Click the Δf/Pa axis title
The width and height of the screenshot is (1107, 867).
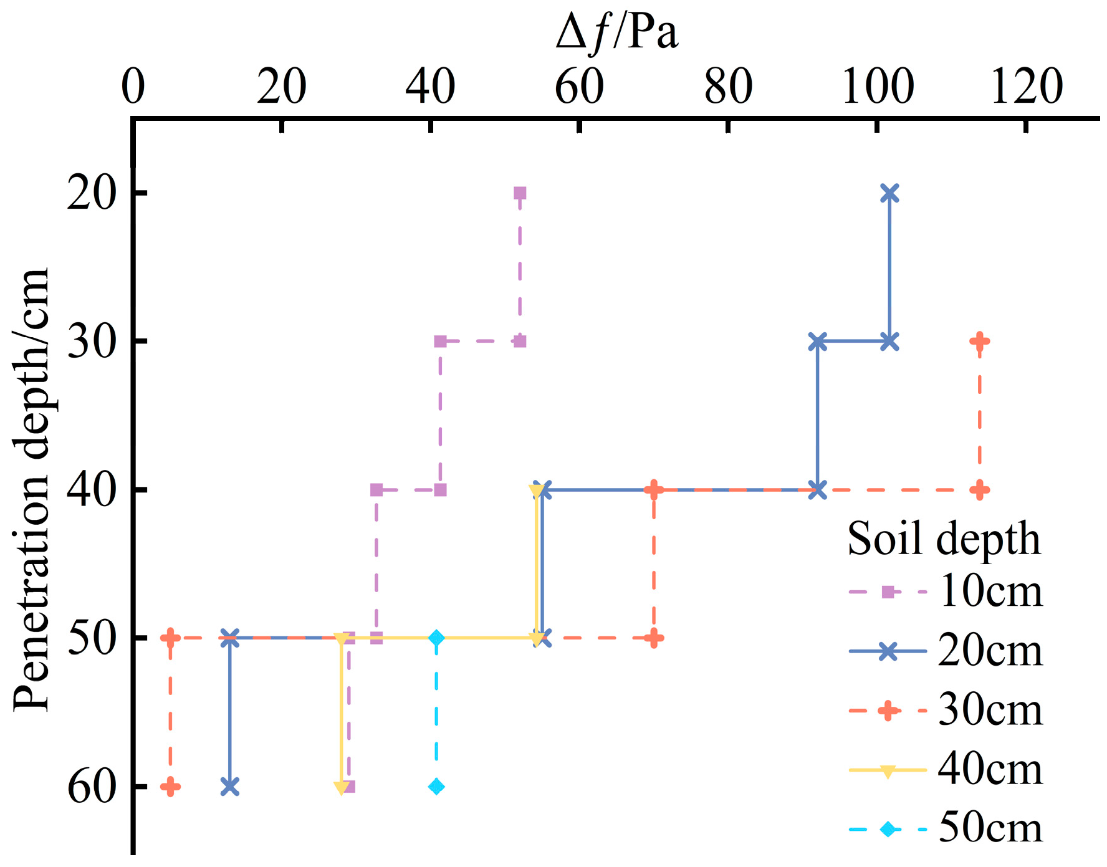616,32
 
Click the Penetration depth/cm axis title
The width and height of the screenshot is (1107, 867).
31,489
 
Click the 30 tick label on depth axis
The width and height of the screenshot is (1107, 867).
92,341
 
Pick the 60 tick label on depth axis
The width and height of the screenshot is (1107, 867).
92,787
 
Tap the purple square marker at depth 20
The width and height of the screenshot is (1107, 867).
520,193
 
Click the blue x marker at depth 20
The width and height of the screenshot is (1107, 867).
889,193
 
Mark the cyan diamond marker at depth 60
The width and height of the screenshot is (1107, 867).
436,787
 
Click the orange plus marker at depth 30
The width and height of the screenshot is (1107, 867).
979,341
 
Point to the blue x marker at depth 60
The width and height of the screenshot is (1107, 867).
230,787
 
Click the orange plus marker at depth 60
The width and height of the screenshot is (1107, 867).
170,787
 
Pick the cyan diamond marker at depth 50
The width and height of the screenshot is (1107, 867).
436,638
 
